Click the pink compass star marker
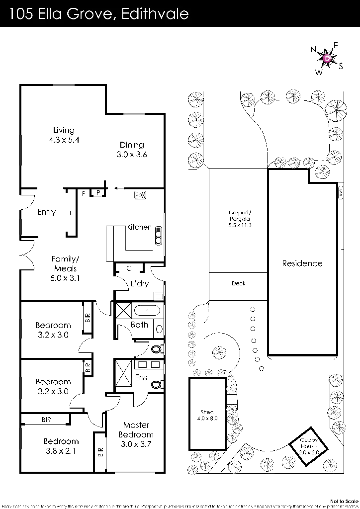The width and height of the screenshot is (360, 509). [327, 59]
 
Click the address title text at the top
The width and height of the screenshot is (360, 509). [99, 15]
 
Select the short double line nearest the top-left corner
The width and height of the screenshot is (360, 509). [64, 85]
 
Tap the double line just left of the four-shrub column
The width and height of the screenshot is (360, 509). [134, 113]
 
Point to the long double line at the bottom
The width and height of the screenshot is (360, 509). [135, 471]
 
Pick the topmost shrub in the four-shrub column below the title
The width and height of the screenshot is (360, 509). [196, 99]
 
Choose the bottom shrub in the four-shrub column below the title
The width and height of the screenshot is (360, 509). [196, 161]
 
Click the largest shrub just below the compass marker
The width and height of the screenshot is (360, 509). [335, 110]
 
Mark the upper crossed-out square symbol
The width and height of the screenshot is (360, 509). [123, 311]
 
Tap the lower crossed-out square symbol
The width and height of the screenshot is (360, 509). [123, 373]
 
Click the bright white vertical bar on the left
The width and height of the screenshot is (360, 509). [105, 243]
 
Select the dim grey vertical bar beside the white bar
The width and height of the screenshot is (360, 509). [125, 239]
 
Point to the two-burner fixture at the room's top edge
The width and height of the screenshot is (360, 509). [140, 196]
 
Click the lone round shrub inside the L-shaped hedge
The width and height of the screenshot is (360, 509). [219, 353]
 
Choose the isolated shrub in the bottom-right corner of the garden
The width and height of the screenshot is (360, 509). [330, 466]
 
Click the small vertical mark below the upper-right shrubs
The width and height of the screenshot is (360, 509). [341, 191]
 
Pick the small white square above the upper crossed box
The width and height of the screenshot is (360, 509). [161, 297]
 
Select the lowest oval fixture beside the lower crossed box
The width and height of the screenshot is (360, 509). [156, 384]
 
